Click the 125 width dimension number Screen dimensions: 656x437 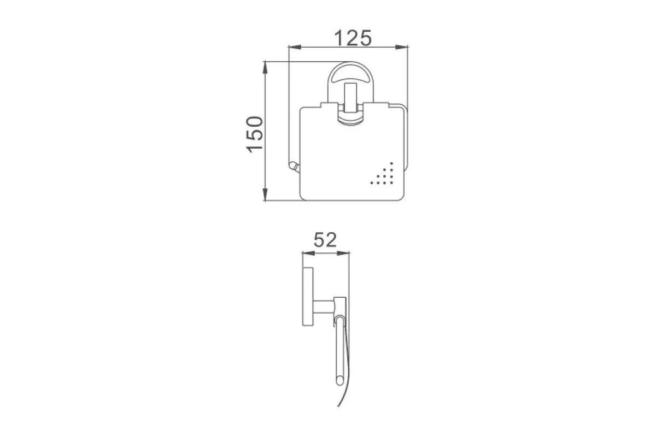pos(353,38)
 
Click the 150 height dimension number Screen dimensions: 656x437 pos(254,134)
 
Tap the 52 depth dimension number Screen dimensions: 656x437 pos(325,240)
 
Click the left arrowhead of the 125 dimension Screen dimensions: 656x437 pos(295,47)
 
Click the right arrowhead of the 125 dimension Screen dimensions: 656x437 pos(402,47)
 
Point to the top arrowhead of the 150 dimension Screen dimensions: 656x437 pos(265,68)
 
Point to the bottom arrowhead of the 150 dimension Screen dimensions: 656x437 pos(265,194)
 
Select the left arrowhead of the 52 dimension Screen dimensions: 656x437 pos(308,253)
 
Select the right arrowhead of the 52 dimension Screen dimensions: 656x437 pos(343,253)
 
